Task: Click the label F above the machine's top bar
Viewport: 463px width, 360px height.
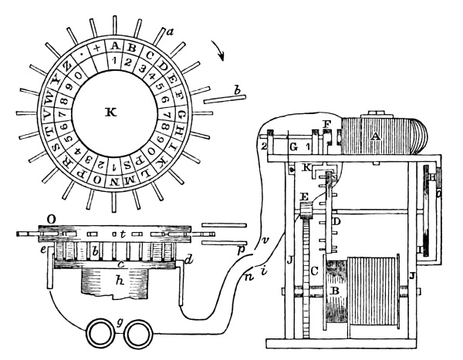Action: [x=326, y=123]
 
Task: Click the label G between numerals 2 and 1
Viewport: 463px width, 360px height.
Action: [x=293, y=145]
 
